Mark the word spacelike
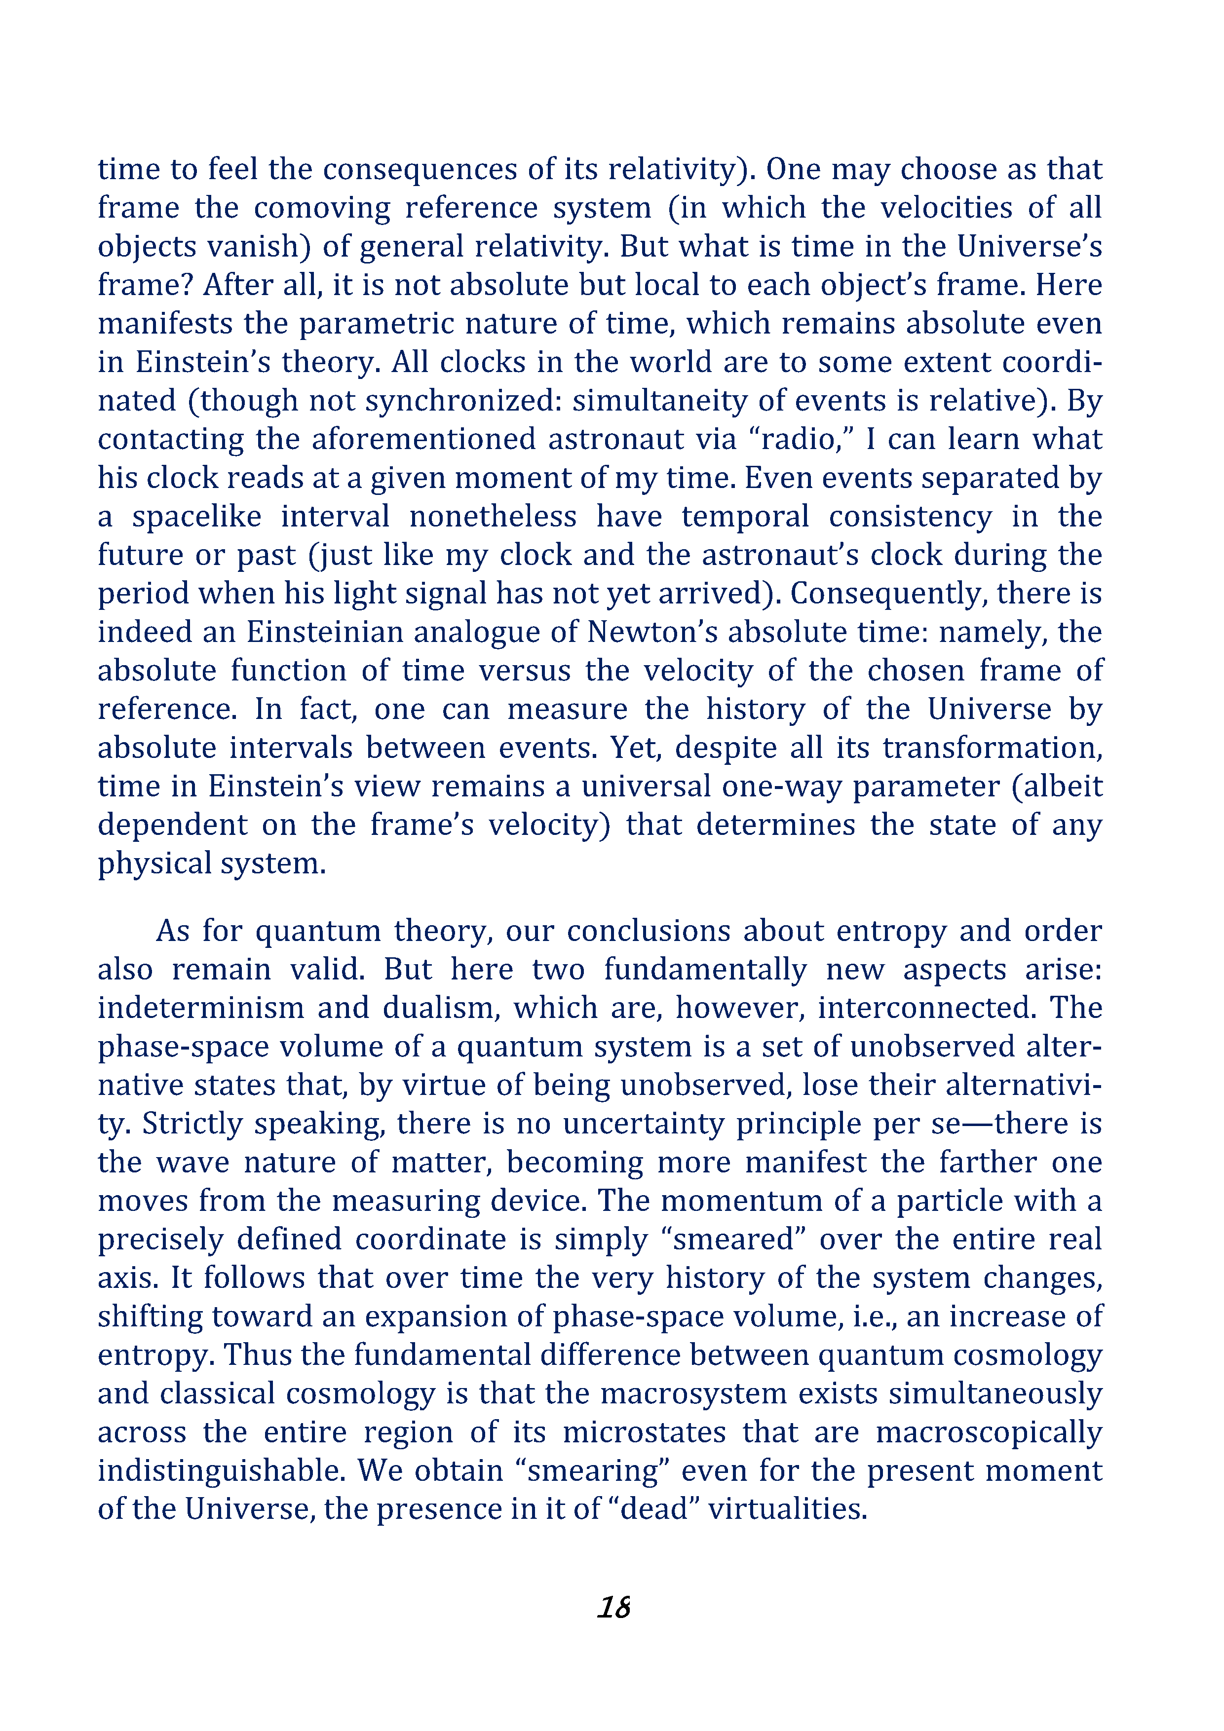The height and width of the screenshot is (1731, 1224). tap(197, 517)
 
